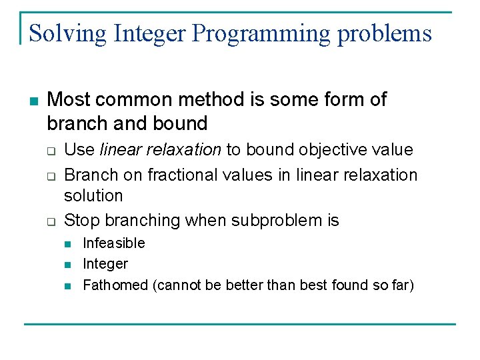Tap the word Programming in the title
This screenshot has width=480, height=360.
tap(261, 33)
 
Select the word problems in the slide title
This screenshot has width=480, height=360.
tap(385, 33)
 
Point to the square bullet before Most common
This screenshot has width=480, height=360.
tap(33, 101)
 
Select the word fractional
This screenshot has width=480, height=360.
tap(181, 175)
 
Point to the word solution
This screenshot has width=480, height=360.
tap(93, 196)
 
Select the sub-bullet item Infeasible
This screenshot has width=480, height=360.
tap(113, 243)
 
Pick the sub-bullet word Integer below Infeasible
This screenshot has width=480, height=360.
tap(105, 264)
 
